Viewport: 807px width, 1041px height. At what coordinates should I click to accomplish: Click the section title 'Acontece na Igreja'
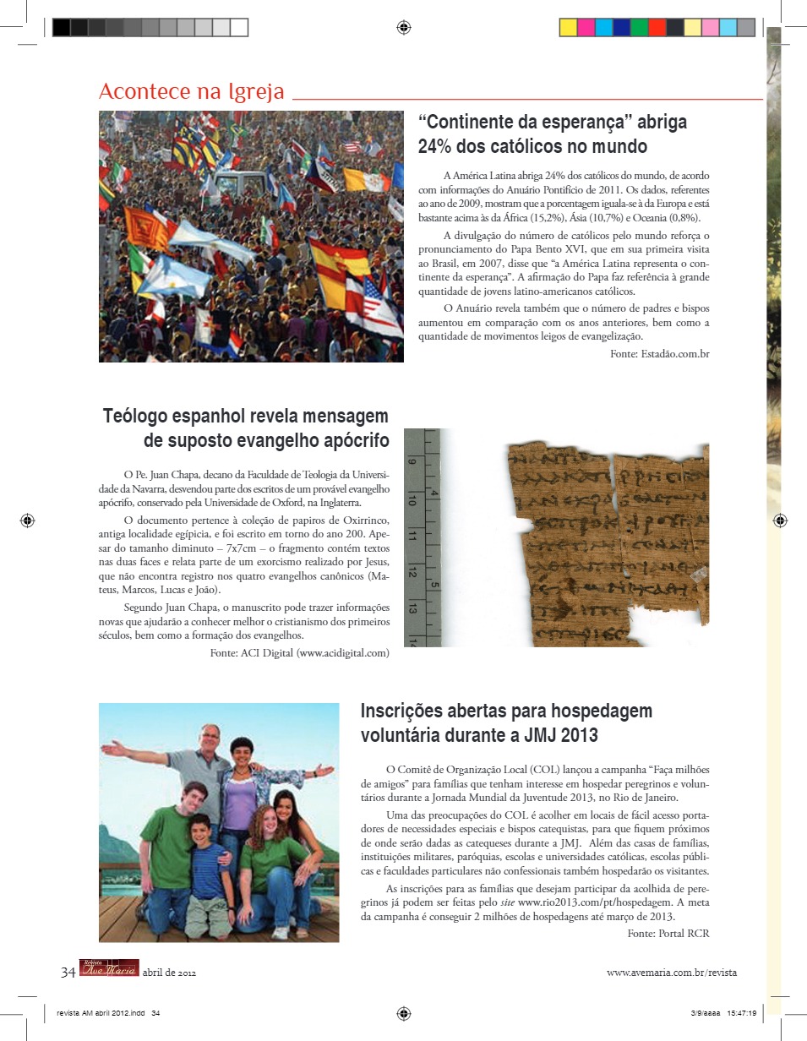point(191,92)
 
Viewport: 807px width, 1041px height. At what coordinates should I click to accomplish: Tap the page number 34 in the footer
point(68,972)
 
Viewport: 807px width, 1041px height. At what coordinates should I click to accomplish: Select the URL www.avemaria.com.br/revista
point(671,973)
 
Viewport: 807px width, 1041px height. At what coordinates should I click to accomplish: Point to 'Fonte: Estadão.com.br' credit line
point(659,354)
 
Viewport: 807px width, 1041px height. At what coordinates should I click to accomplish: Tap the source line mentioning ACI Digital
point(299,652)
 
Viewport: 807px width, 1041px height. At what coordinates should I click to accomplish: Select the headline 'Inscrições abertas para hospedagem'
point(506,711)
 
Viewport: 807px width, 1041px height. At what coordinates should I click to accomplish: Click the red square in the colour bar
point(657,27)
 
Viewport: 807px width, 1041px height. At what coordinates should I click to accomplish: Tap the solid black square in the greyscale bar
point(61,27)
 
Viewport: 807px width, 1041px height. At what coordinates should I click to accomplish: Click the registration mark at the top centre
point(403,27)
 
